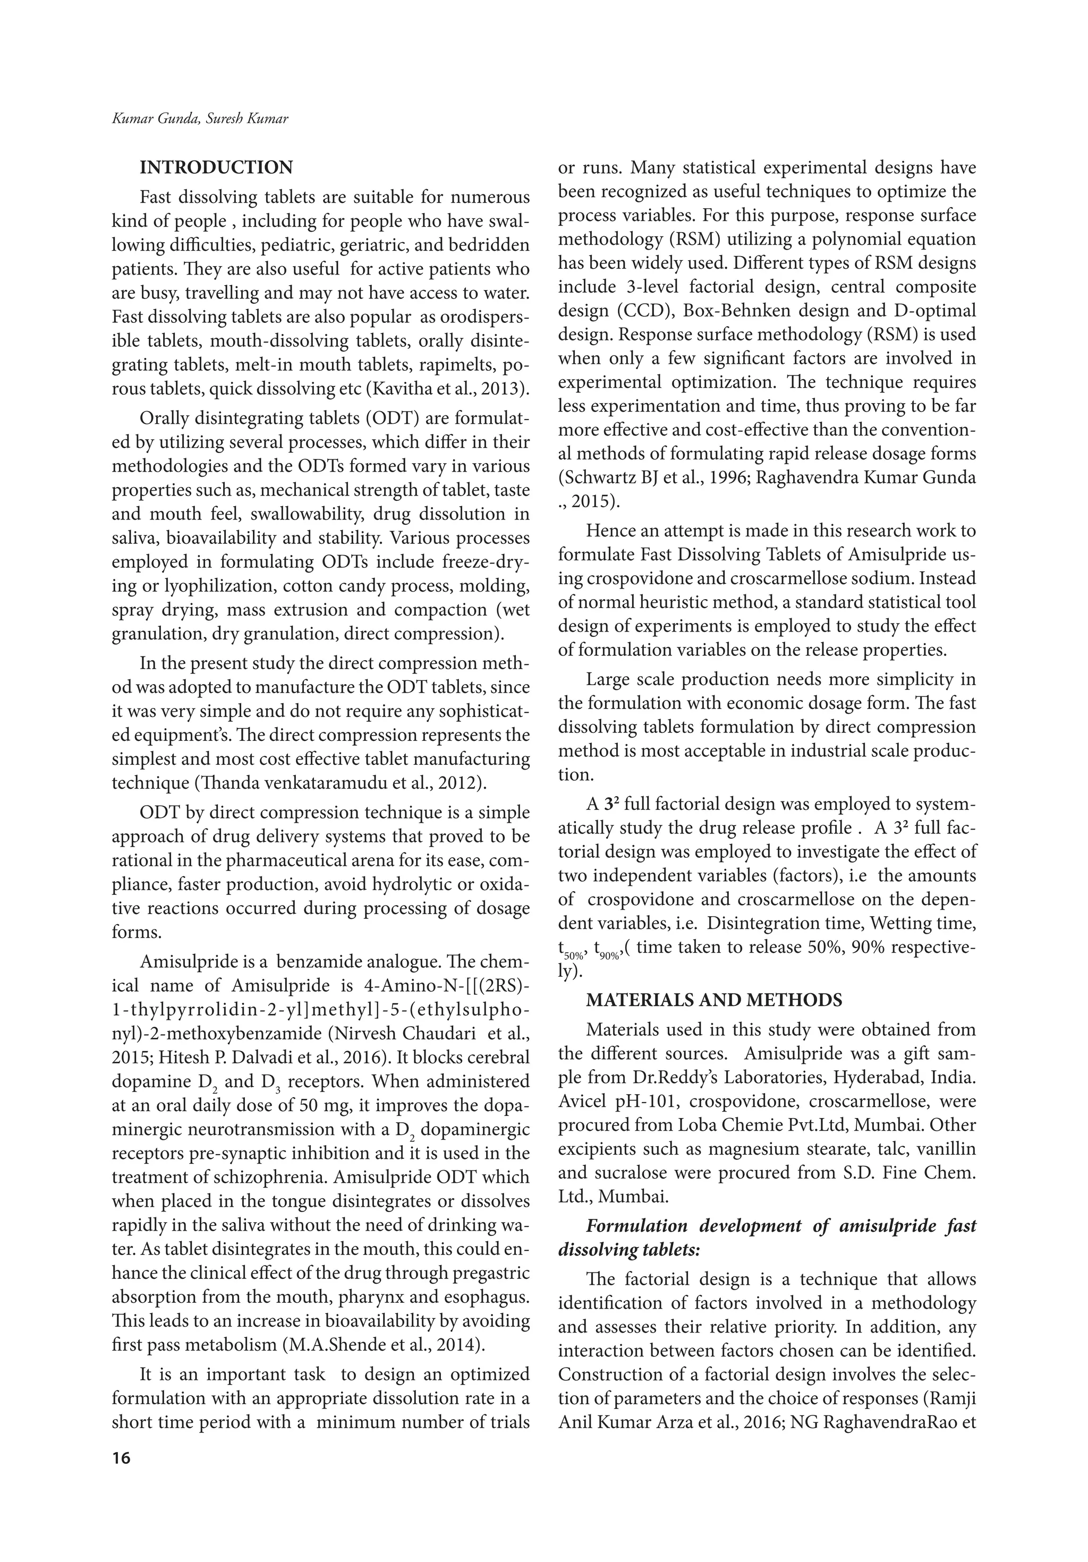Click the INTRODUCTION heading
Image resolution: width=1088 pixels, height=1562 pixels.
(x=216, y=167)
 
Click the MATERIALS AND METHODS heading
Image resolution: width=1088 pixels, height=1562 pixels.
(x=714, y=1000)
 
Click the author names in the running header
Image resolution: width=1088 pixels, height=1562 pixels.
(x=200, y=119)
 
